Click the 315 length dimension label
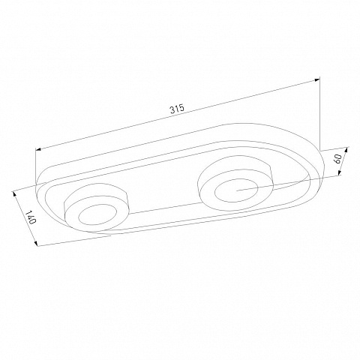point(177,109)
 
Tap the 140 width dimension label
point(31,217)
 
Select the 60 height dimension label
point(337,158)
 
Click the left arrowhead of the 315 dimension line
point(38,149)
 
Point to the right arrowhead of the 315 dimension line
point(317,80)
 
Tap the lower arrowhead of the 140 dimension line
point(36,243)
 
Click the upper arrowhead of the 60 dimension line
point(346,150)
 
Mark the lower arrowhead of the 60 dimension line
point(340,172)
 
